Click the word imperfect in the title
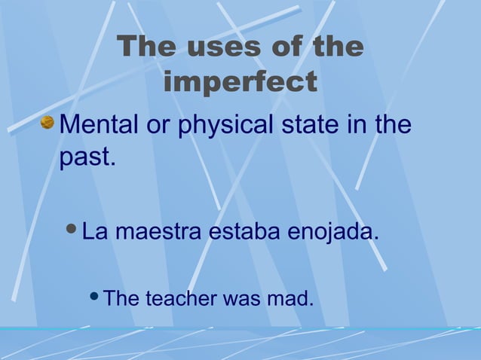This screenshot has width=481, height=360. coord(240,82)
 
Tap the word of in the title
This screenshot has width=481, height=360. coord(283,47)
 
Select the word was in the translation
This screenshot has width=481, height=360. coord(237,299)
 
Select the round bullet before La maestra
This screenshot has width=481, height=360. coord(72,229)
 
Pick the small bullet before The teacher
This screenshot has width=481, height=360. coord(95,297)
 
